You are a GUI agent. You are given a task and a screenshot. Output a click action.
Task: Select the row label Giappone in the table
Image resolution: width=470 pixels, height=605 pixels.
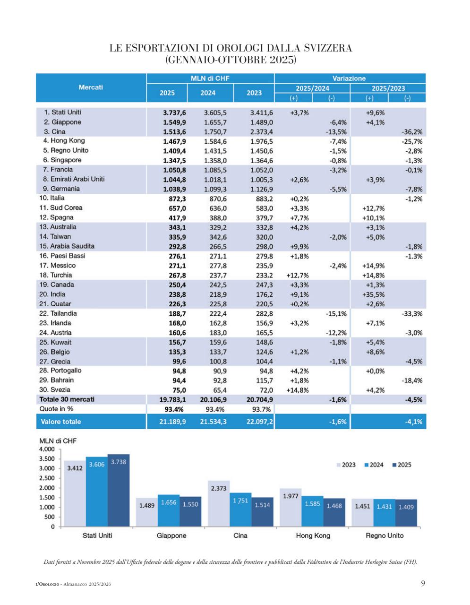point(66,122)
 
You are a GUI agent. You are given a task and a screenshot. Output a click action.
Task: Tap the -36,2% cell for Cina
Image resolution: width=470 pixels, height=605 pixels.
point(411,132)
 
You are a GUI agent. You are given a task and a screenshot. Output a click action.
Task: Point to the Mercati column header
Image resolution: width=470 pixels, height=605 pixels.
point(91,87)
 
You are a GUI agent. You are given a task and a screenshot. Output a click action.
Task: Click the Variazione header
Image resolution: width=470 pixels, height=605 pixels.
point(349,78)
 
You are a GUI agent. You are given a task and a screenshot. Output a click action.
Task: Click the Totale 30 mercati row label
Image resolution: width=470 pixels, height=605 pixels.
point(67,399)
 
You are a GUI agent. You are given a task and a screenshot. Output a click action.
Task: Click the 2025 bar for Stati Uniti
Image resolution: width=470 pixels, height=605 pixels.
point(119,492)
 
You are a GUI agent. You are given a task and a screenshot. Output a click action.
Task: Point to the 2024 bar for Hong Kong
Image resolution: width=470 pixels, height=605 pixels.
point(313,511)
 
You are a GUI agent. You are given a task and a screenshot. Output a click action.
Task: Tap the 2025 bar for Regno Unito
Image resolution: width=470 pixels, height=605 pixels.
point(406,513)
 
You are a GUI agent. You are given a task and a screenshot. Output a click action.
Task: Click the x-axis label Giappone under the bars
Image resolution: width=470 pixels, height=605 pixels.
point(171,536)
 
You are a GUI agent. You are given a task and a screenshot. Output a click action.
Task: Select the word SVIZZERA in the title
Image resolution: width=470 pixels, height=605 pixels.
point(322,48)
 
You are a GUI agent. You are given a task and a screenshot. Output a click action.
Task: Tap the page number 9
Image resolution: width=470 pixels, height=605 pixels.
point(423,583)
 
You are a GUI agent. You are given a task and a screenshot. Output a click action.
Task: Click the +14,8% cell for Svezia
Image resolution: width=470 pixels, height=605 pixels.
point(298,390)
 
